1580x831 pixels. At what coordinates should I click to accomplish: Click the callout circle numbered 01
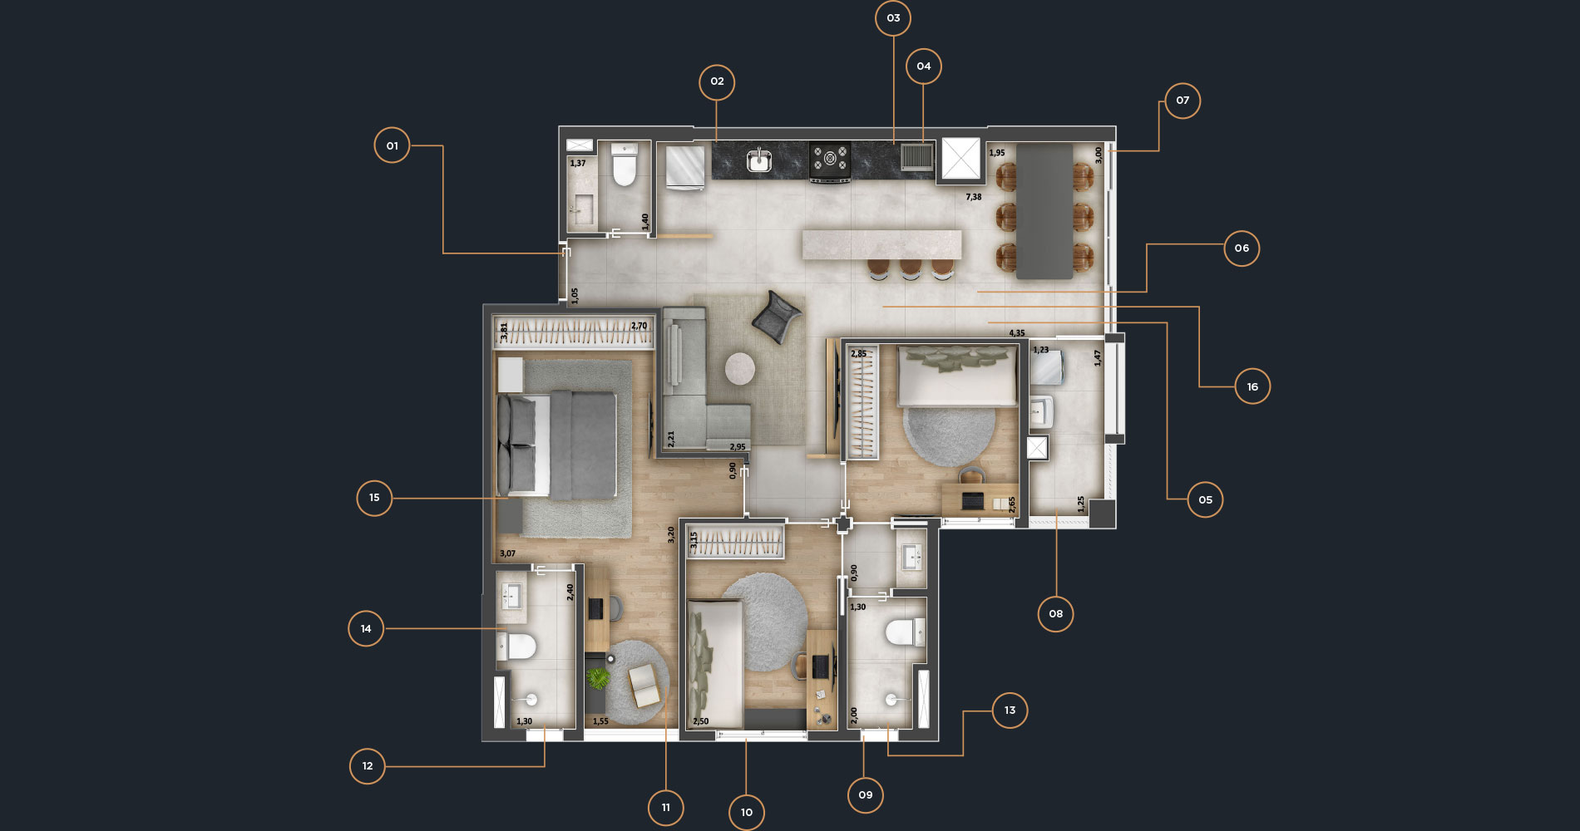(x=392, y=145)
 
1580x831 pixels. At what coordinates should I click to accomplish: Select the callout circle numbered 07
(x=1183, y=101)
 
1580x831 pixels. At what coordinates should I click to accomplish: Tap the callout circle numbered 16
(x=1252, y=386)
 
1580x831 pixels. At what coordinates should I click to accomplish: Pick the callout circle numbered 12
(x=368, y=766)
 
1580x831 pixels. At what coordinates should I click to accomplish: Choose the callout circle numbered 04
(x=924, y=66)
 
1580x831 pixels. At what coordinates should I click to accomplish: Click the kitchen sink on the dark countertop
(x=759, y=160)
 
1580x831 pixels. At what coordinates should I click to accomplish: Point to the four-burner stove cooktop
(x=830, y=160)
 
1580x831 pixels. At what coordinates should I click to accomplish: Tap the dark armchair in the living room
(x=777, y=317)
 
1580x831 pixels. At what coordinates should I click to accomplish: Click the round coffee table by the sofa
(x=740, y=368)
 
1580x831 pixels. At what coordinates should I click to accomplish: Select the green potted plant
(x=598, y=679)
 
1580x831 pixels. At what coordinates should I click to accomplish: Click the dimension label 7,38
(x=974, y=197)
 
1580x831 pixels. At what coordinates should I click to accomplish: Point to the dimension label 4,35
(x=1017, y=333)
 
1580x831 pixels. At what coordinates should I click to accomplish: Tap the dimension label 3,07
(x=507, y=553)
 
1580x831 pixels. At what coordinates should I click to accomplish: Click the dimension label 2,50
(x=701, y=721)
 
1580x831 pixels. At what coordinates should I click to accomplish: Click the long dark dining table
(x=1044, y=211)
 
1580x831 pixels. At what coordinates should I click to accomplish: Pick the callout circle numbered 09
(x=866, y=795)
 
